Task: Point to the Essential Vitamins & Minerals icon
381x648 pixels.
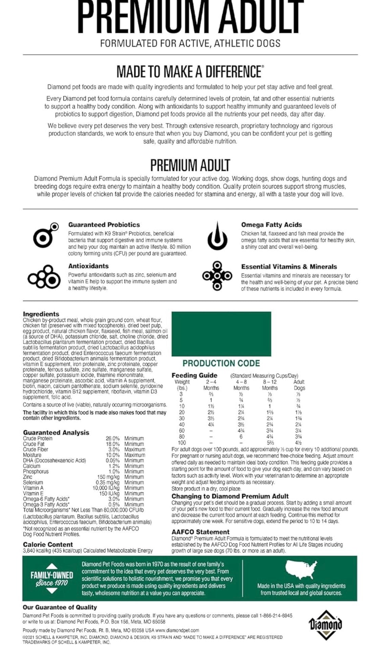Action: click(217, 276)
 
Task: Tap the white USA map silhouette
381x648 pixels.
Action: click(301, 570)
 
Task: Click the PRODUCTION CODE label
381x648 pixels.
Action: click(221, 363)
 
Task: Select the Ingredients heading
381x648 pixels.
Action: click(41, 314)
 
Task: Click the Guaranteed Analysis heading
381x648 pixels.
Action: click(56, 432)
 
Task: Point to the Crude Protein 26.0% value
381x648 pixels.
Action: click(112, 439)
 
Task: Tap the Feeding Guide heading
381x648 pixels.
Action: click(194, 375)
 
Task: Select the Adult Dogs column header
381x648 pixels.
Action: click(299, 385)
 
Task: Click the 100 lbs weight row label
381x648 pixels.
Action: click(182, 443)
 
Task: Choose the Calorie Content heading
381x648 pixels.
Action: click(48, 544)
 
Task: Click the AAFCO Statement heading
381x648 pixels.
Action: click(200, 532)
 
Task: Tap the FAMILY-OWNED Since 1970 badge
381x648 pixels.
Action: click(51, 578)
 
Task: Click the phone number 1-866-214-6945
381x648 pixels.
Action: click(276, 616)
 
